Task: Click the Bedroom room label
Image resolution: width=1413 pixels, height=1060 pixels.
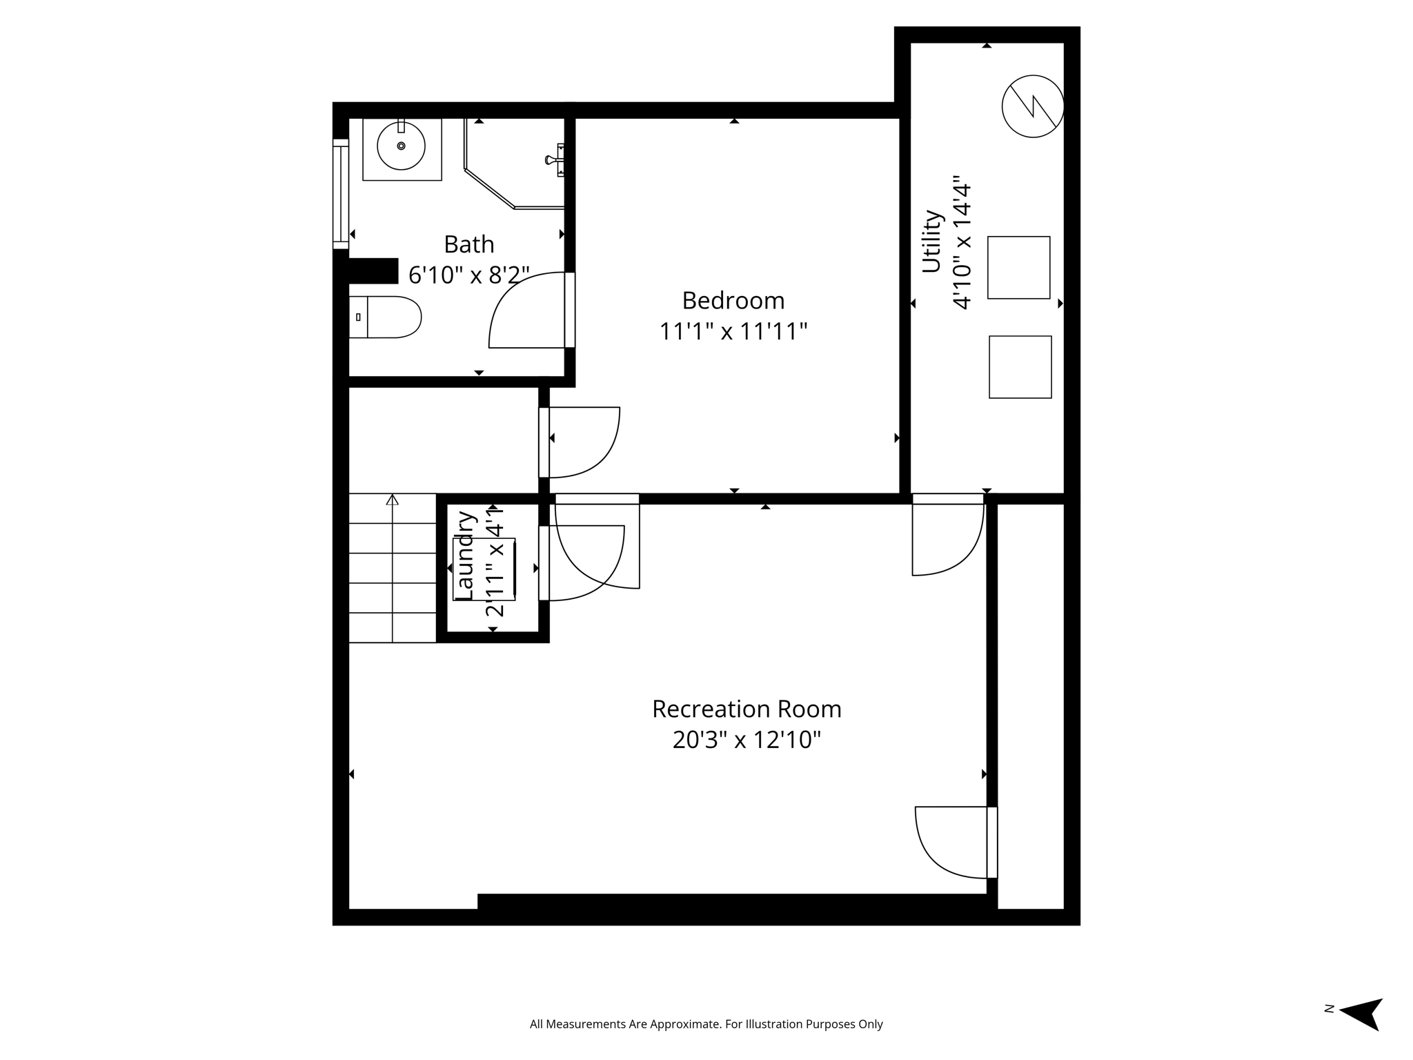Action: [x=733, y=301]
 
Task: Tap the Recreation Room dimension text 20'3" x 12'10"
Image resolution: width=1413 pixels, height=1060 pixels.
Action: [x=747, y=740]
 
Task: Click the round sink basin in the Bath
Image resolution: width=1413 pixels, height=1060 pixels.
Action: [x=401, y=146]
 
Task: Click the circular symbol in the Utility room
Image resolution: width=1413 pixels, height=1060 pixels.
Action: [x=1032, y=106]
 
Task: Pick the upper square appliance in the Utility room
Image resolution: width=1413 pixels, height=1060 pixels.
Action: [x=1018, y=268]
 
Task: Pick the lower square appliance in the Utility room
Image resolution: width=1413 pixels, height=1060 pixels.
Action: [x=1020, y=367]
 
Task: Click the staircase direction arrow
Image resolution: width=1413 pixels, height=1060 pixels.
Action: [x=393, y=499]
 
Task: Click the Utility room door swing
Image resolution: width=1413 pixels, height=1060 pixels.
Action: [x=948, y=538]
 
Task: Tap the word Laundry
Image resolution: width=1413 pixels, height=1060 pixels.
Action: [x=466, y=556]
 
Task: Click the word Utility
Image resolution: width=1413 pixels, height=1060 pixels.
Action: [x=932, y=242]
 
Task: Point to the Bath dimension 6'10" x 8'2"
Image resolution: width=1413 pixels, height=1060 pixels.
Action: [x=468, y=275]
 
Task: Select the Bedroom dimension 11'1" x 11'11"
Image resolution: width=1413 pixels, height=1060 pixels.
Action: [x=733, y=332]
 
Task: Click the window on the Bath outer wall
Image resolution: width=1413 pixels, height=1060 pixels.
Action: [x=340, y=193]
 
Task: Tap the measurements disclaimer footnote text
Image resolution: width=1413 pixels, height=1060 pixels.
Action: [x=706, y=1024]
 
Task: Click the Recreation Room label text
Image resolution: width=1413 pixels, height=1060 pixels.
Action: [x=747, y=709]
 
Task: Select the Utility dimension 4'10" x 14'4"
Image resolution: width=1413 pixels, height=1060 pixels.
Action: [x=962, y=246]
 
